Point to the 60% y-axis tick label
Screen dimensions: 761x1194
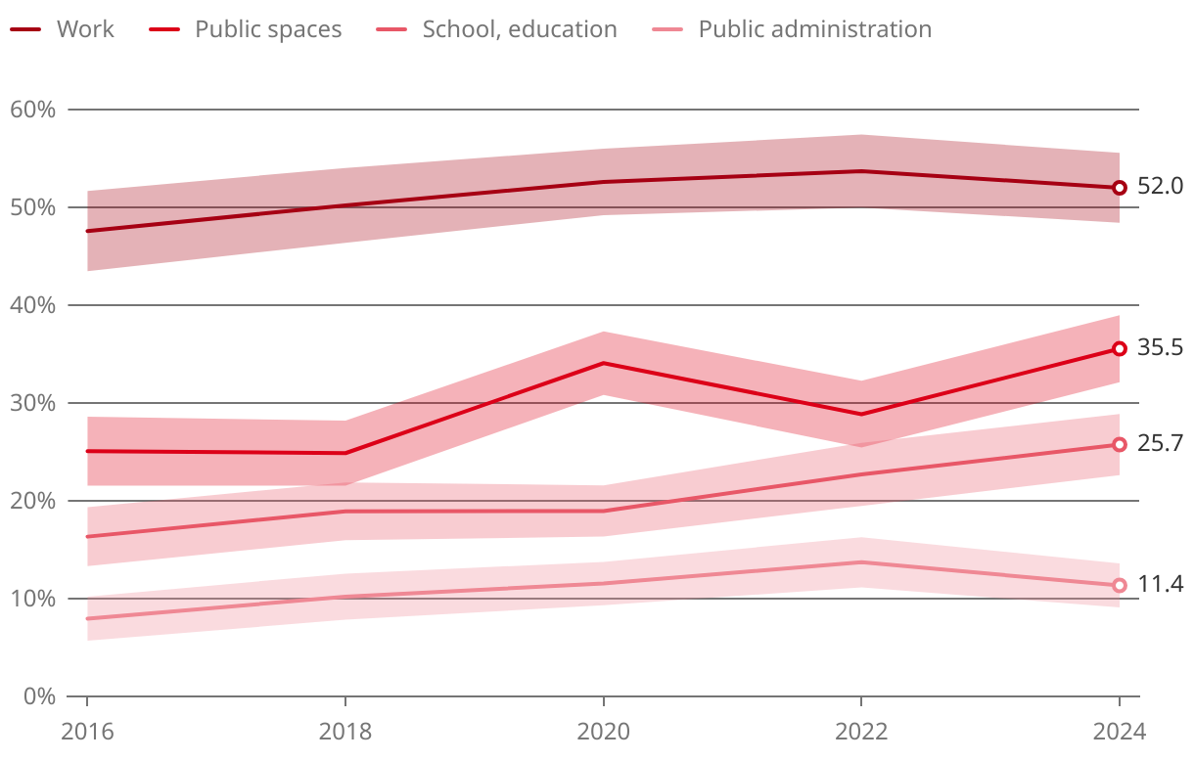click(x=32, y=110)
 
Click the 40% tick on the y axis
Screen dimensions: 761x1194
click(x=32, y=305)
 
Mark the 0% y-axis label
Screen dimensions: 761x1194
click(x=38, y=696)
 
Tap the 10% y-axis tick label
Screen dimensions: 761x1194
click(x=32, y=599)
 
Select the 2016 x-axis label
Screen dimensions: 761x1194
click(x=87, y=732)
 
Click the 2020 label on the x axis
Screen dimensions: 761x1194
click(x=603, y=732)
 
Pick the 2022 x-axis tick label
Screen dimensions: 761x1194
click(x=861, y=732)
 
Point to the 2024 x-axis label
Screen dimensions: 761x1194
click(x=1119, y=732)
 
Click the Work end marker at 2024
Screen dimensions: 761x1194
click(x=1120, y=188)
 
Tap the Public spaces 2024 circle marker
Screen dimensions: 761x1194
click(x=1120, y=349)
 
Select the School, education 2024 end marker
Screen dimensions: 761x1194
click(x=1120, y=445)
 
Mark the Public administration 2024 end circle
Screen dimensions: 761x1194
click(x=1120, y=585)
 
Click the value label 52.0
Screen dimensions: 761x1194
click(x=1161, y=187)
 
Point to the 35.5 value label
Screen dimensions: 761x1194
click(x=1161, y=348)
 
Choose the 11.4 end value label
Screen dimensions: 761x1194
click(x=1161, y=585)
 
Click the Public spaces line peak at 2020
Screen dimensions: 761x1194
click(x=603, y=363)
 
